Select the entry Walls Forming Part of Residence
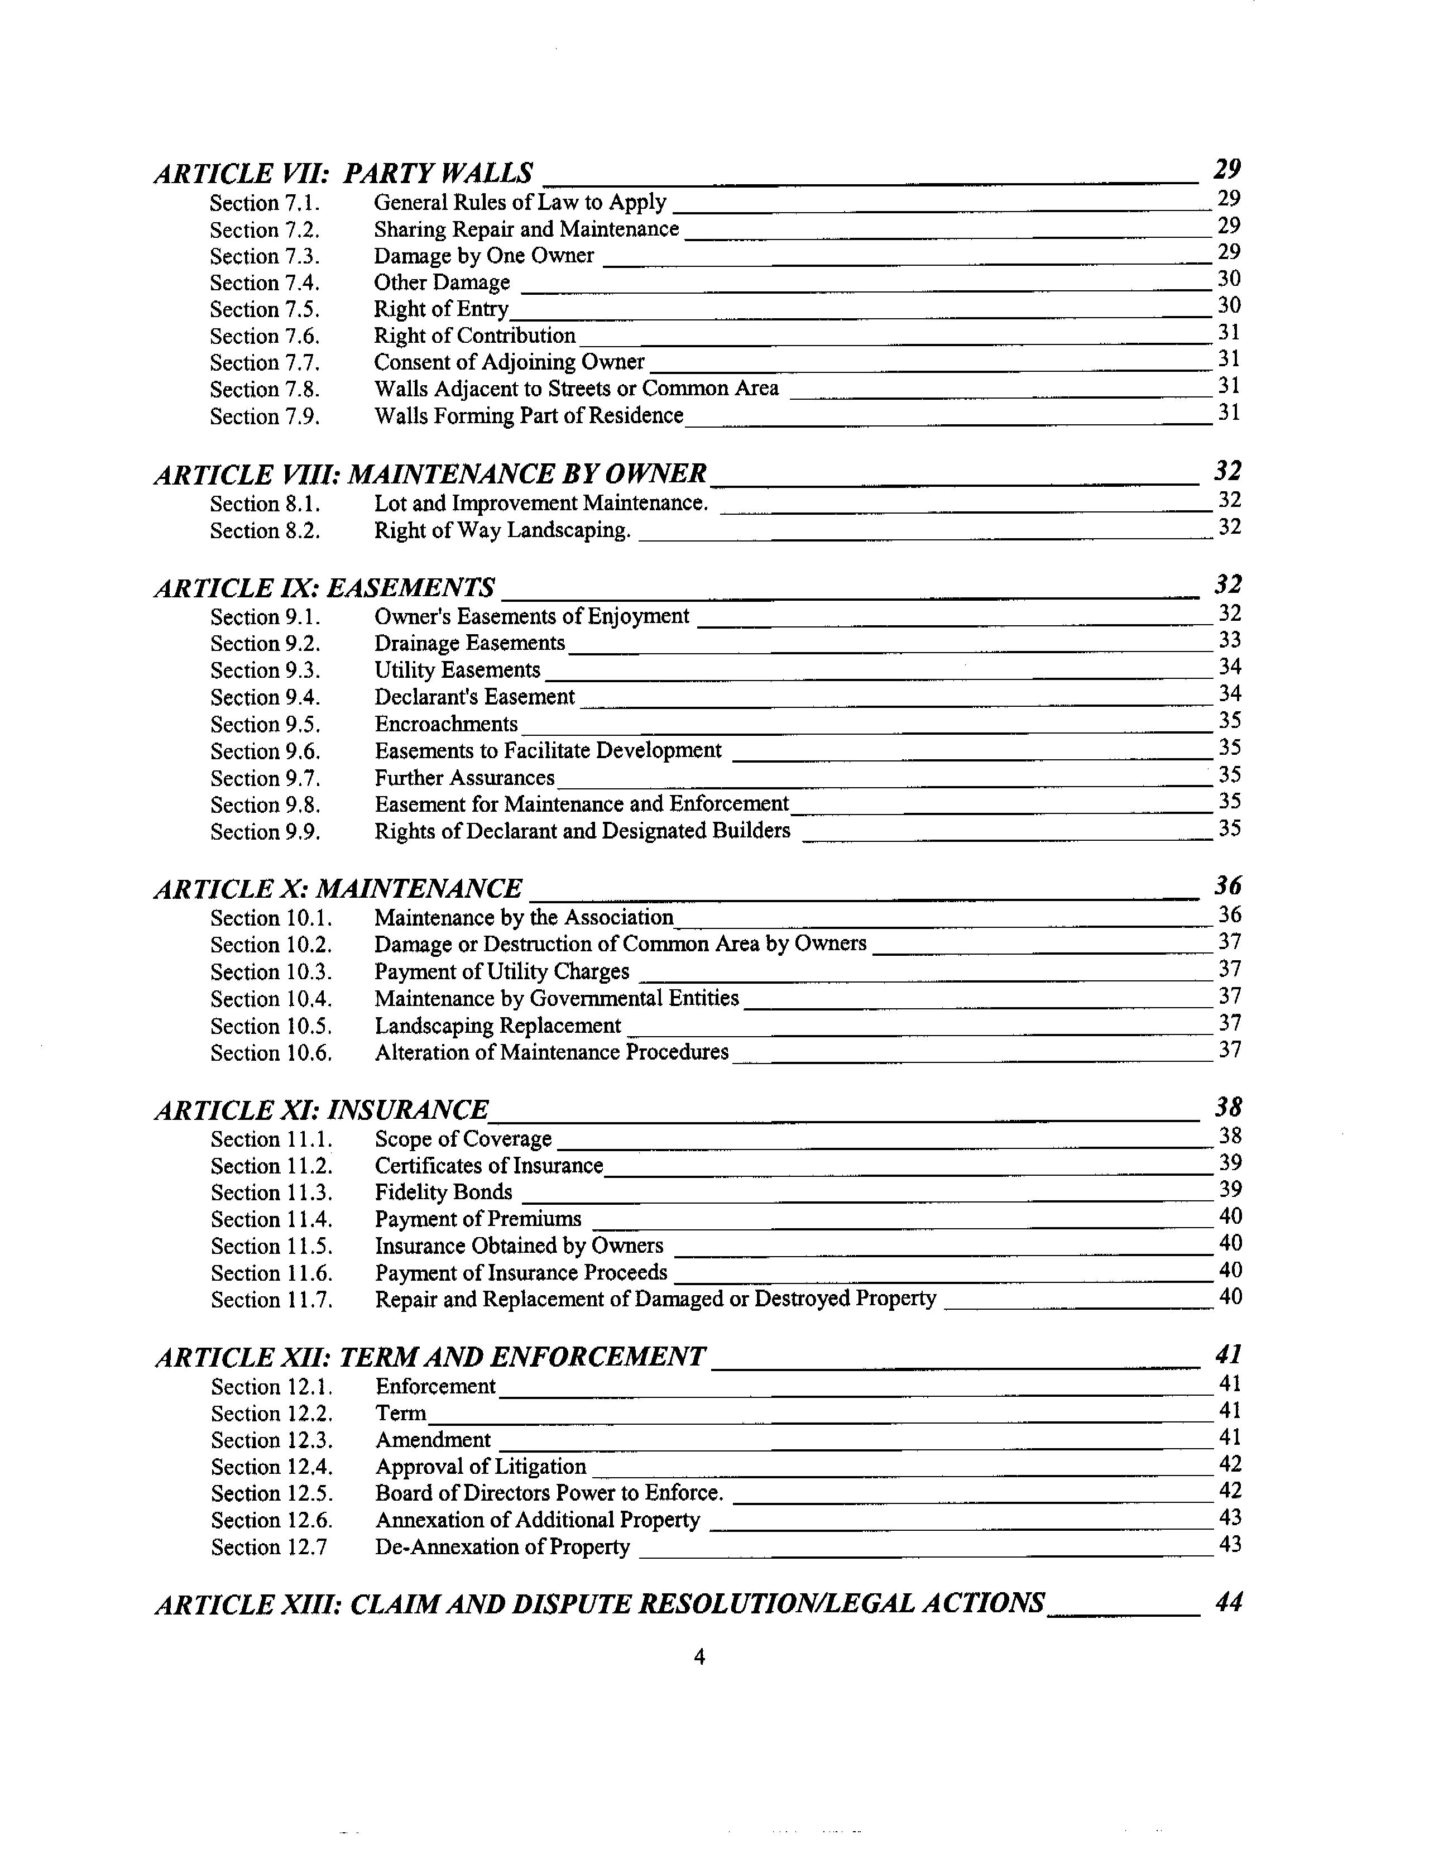528,416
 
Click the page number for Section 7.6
1229,333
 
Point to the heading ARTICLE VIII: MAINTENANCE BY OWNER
430,474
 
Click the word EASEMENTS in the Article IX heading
411,587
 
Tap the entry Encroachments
446,724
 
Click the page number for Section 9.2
1229,641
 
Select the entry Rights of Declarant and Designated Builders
582,831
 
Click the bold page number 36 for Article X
1227,887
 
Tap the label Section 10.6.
271,1053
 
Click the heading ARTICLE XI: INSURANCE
322,1110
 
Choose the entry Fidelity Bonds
444,1193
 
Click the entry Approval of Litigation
481,1467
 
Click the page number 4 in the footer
699,1657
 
